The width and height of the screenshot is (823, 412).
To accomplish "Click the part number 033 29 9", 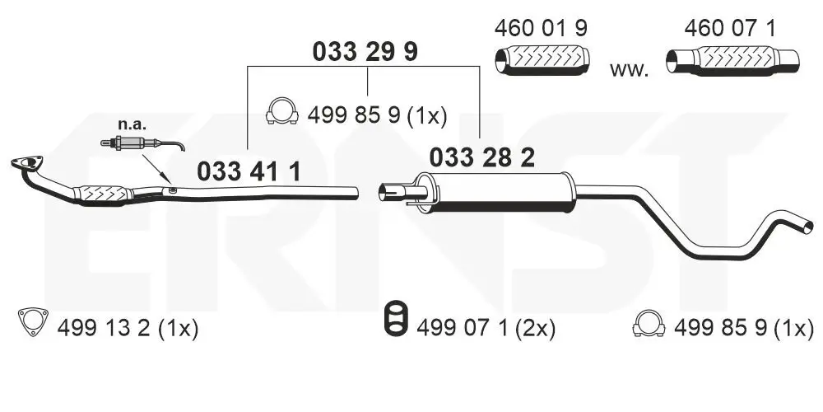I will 365,51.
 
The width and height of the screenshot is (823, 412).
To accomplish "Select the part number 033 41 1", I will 249,171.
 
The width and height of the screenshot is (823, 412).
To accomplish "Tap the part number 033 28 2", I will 482,157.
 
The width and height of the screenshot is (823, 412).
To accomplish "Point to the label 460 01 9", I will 541,29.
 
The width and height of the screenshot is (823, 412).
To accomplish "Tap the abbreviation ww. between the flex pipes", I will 629,69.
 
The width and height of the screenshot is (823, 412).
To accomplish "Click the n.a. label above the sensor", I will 131,124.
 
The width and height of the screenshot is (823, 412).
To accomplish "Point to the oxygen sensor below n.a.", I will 136,144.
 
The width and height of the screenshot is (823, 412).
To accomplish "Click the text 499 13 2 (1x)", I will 128,328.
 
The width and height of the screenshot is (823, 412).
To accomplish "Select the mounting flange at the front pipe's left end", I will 27,162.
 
